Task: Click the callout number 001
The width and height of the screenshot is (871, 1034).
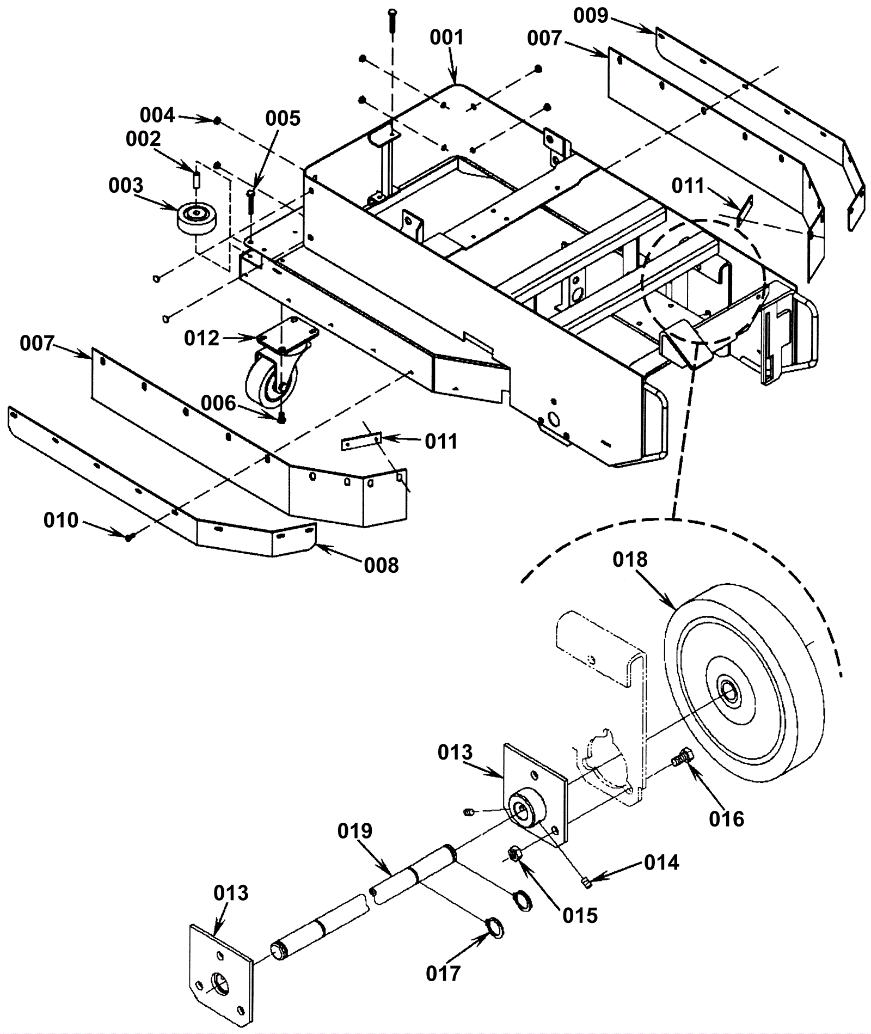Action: click(446, 38)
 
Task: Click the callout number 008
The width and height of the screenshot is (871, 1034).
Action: click(382, 565)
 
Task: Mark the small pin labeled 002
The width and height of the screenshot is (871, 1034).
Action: click(197, 179)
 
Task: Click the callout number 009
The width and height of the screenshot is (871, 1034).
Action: click(590, 16)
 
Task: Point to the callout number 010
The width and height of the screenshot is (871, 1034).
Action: click(61, 521)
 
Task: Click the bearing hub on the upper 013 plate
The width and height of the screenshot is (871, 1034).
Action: click(526, 809)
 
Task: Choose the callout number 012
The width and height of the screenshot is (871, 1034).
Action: click(201, 338)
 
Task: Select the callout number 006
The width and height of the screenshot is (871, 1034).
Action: click(218, 403)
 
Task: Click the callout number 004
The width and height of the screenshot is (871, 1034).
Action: click(157, 115)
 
